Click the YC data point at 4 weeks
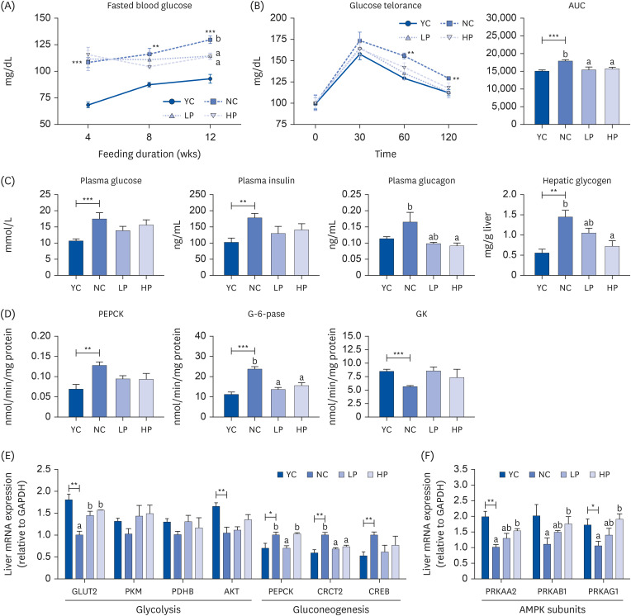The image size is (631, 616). pos(87,105)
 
